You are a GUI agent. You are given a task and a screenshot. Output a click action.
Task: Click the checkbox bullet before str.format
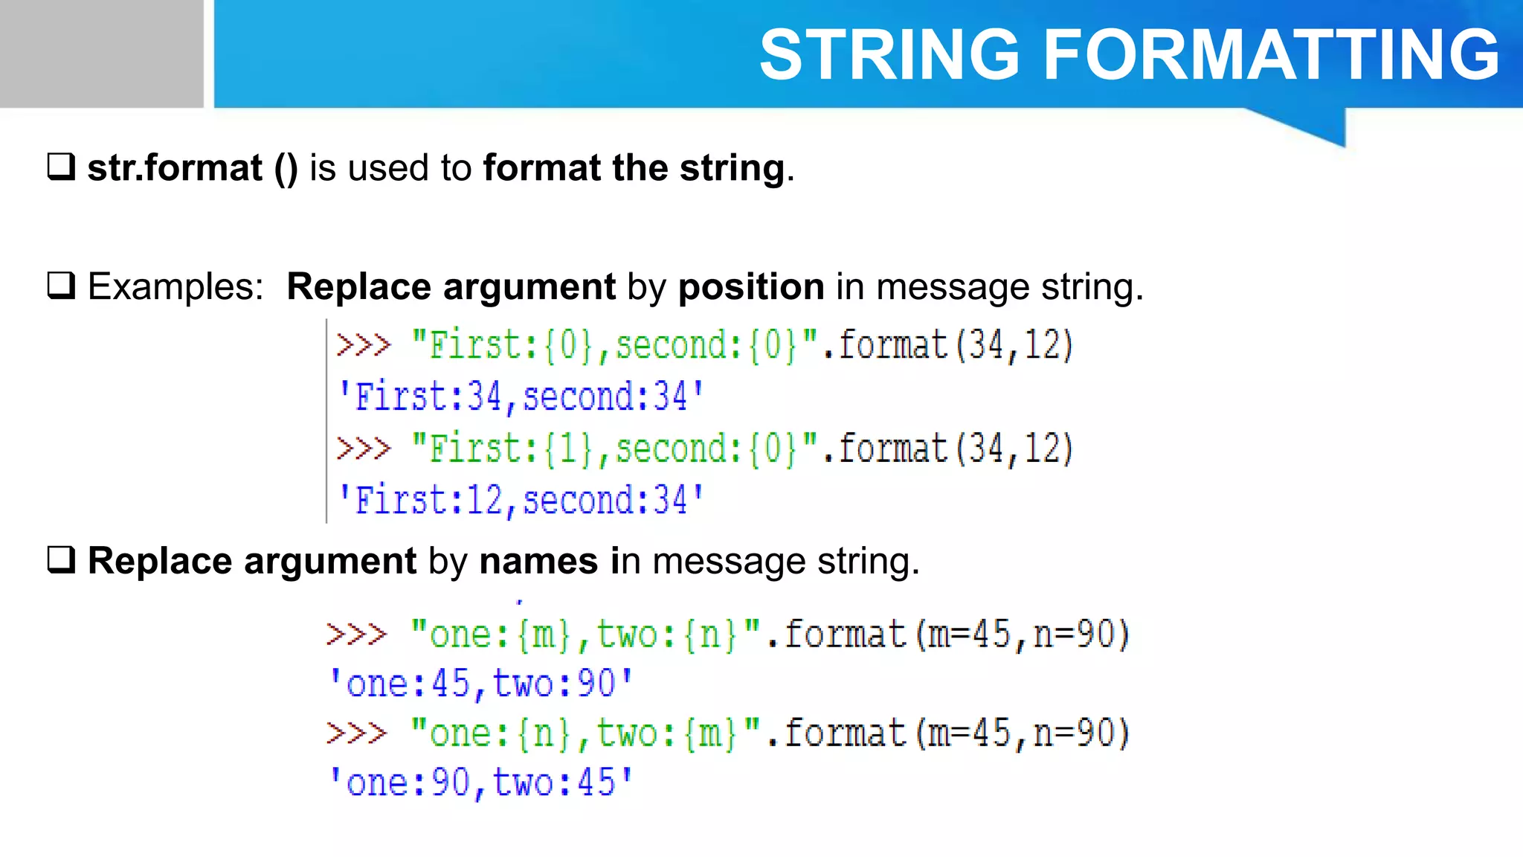point(61,167)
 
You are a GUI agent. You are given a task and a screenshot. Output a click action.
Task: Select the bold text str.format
point(175,167)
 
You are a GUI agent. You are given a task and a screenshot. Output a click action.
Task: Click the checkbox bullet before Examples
point(61,286)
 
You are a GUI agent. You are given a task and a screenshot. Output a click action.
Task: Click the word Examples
point(176,286)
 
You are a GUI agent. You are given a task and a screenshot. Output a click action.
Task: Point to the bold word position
point(751,286)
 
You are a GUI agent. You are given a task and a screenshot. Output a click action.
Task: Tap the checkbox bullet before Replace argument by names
point(61,559)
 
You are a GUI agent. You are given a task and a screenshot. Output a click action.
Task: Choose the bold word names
point(538,560)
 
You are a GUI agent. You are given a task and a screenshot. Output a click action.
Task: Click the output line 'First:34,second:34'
point(521,396)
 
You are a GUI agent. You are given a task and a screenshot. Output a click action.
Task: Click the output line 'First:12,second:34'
point(521,499)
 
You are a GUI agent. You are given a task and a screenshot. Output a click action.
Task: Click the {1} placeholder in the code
point(568,449)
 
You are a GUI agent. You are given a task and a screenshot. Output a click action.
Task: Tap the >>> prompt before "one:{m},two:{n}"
point(357,635)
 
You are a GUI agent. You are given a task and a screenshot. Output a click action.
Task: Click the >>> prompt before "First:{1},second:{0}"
point(364,449)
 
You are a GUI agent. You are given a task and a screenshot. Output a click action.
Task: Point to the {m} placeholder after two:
point(709,734)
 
